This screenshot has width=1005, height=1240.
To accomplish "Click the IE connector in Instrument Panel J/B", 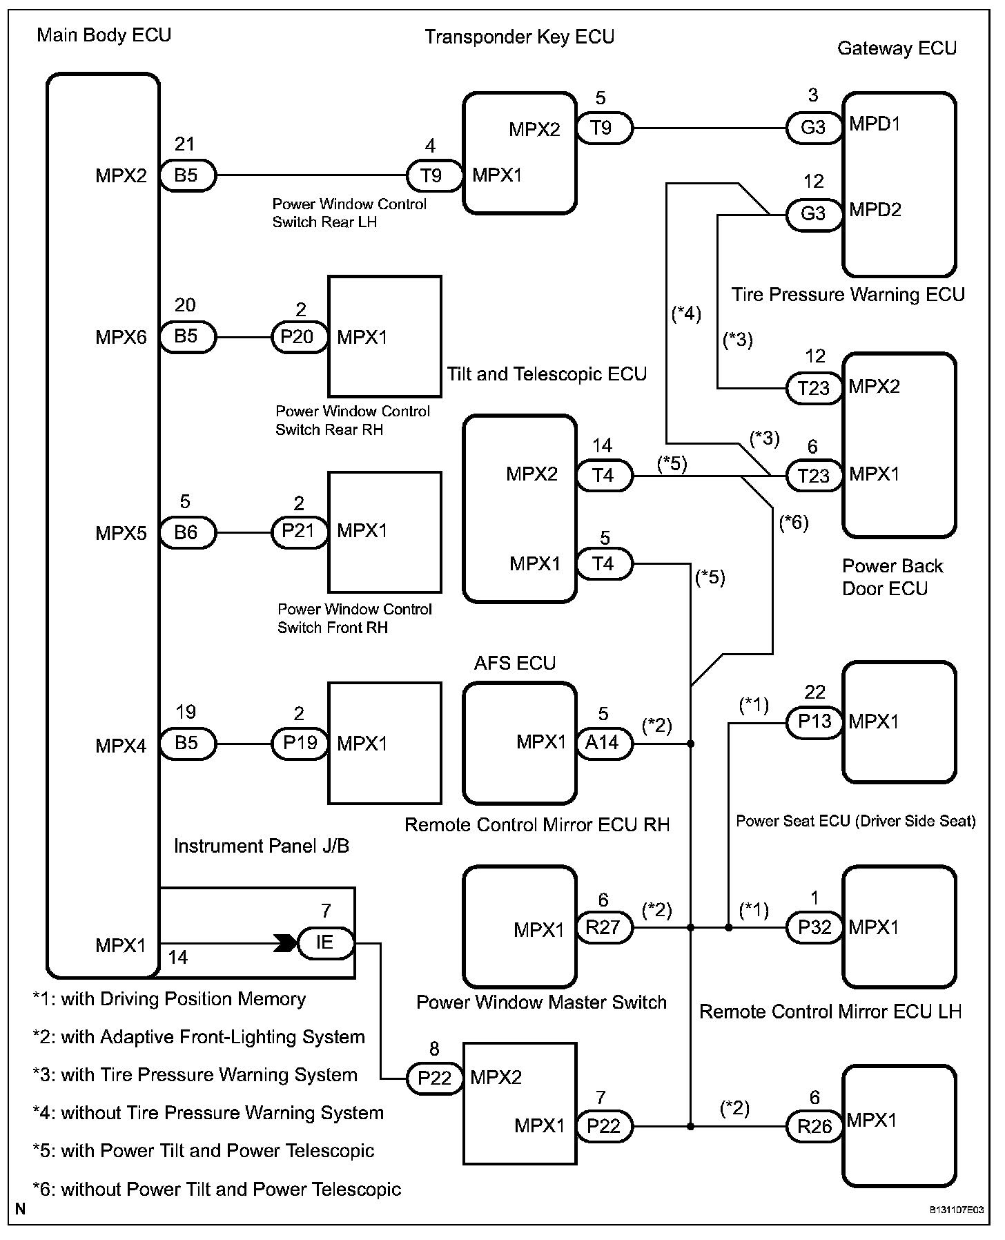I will [325, 942].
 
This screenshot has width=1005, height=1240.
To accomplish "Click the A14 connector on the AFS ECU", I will [603, 743].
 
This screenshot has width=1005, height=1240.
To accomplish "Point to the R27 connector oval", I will [603, 927].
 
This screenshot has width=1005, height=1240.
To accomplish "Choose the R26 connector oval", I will [814, 1127].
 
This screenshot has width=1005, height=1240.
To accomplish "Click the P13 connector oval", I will [814, 722].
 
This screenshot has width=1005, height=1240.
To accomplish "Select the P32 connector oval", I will [814, 927].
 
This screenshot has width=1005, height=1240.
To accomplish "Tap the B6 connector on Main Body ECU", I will [187, 532].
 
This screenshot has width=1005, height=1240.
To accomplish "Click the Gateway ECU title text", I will [897, 48].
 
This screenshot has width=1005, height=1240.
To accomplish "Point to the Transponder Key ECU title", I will [519, 37].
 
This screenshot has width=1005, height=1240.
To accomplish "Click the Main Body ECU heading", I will [104, 35].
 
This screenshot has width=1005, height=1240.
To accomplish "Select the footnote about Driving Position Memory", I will [169, 999].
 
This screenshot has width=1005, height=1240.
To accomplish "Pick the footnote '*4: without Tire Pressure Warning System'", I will [208, 1113].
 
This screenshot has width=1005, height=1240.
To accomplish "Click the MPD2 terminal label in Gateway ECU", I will [875, 210].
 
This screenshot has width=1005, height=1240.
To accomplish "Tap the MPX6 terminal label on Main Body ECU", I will [121, 338].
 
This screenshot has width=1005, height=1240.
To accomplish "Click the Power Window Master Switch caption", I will [541, 1002].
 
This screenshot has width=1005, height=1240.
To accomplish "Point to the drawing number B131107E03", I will [956, 1210].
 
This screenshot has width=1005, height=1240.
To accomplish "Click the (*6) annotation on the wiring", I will [793, 523].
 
